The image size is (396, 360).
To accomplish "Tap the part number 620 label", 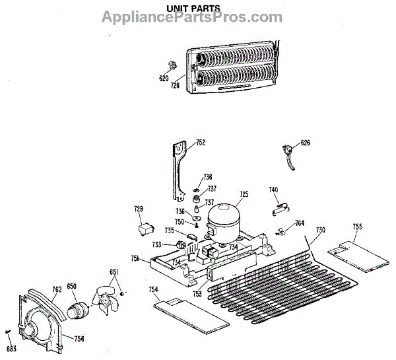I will pos(164,78).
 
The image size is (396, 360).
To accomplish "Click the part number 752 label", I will pos(201,142).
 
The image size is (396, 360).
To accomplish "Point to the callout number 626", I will pos(305,143).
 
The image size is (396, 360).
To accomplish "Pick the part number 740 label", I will pos(273,190).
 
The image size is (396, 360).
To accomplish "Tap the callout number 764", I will pos(300,223).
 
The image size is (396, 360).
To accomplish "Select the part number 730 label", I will pos(320,230).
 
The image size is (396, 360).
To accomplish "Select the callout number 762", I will pos(57,288).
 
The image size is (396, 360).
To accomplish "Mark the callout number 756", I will pos(79,339).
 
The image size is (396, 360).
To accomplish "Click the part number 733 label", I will pos(156,244).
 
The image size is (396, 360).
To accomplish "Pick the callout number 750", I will pos(179,221).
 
